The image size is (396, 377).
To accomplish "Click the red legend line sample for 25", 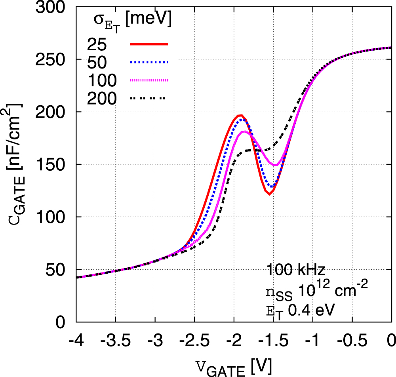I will tap(149, 44).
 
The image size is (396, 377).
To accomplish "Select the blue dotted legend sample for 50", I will tap(149, 62).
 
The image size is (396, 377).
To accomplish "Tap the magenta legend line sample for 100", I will tap(149, 80).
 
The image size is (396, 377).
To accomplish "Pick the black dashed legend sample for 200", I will tap(149, 98).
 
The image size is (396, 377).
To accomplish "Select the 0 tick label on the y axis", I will tap(63, 322).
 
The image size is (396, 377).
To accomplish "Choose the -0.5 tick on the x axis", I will tap(352, 340).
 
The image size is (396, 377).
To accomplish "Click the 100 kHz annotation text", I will tap(296, 270).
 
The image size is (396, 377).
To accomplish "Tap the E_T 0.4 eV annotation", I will tap(301, 310).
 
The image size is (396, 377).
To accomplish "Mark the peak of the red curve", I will tap(240, 115).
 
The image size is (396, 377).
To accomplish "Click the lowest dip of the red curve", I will tap(269, 194).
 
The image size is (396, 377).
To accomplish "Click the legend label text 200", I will tap(102, 98).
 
